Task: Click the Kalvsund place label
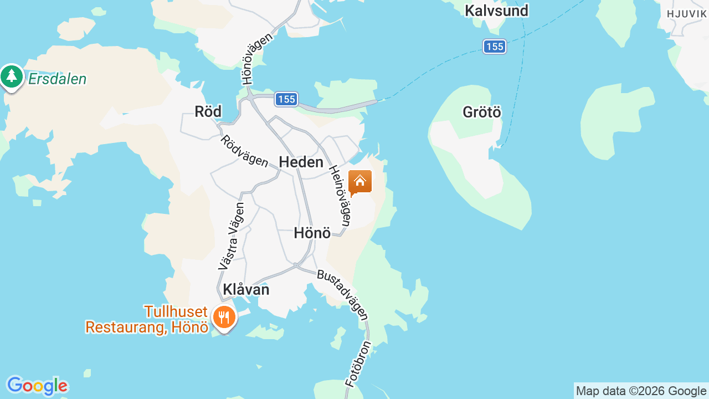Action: coord(496,11)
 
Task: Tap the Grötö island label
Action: coord(482,112)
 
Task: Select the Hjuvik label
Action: coord(686,14)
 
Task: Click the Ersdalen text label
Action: coord(57,79)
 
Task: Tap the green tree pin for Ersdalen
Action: coord(12,76)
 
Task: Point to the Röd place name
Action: coord(208,111)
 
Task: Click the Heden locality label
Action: coord(301,162)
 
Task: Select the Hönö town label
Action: coord(312,233)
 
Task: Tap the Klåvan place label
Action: coord(246,289)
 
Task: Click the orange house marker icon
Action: coord(360,182)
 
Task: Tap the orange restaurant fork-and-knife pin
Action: coord(224,318)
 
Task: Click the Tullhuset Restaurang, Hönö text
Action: coord(147,320)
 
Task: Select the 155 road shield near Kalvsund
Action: coord(494,47)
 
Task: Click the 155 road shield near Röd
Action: coord(286,99)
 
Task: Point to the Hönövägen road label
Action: coord(258,59)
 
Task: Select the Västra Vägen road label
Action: coord(231,236)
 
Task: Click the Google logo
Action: coord(37,386)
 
